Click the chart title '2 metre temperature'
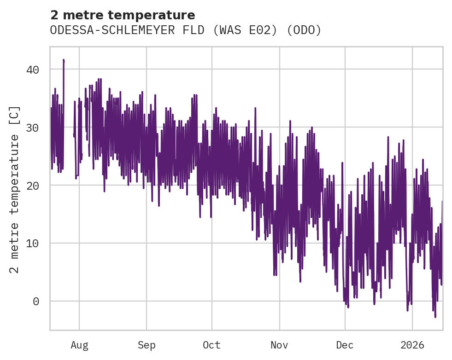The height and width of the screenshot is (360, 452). pos(123,15)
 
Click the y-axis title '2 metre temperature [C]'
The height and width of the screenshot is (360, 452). pos(15,189)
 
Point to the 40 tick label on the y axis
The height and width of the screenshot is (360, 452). pos(33,70)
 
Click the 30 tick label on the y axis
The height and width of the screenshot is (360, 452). pos(33,128)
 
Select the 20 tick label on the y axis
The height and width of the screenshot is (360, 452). pos(33,186)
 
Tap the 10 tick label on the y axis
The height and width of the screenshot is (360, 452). pos(33,244)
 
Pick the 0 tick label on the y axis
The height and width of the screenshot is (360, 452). pos(36,302)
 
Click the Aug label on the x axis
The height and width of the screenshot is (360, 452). pos(79,345)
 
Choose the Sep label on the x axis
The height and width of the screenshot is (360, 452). pos(147,345)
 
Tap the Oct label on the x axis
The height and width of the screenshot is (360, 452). pos(212,345)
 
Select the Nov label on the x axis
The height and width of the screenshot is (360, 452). pos(279,345)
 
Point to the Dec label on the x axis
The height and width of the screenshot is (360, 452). pos(345,345)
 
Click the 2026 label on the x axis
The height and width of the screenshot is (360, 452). pos(412,345)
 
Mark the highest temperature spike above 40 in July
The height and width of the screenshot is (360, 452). pos(64,60)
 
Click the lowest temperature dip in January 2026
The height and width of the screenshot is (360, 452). pos(435,317)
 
